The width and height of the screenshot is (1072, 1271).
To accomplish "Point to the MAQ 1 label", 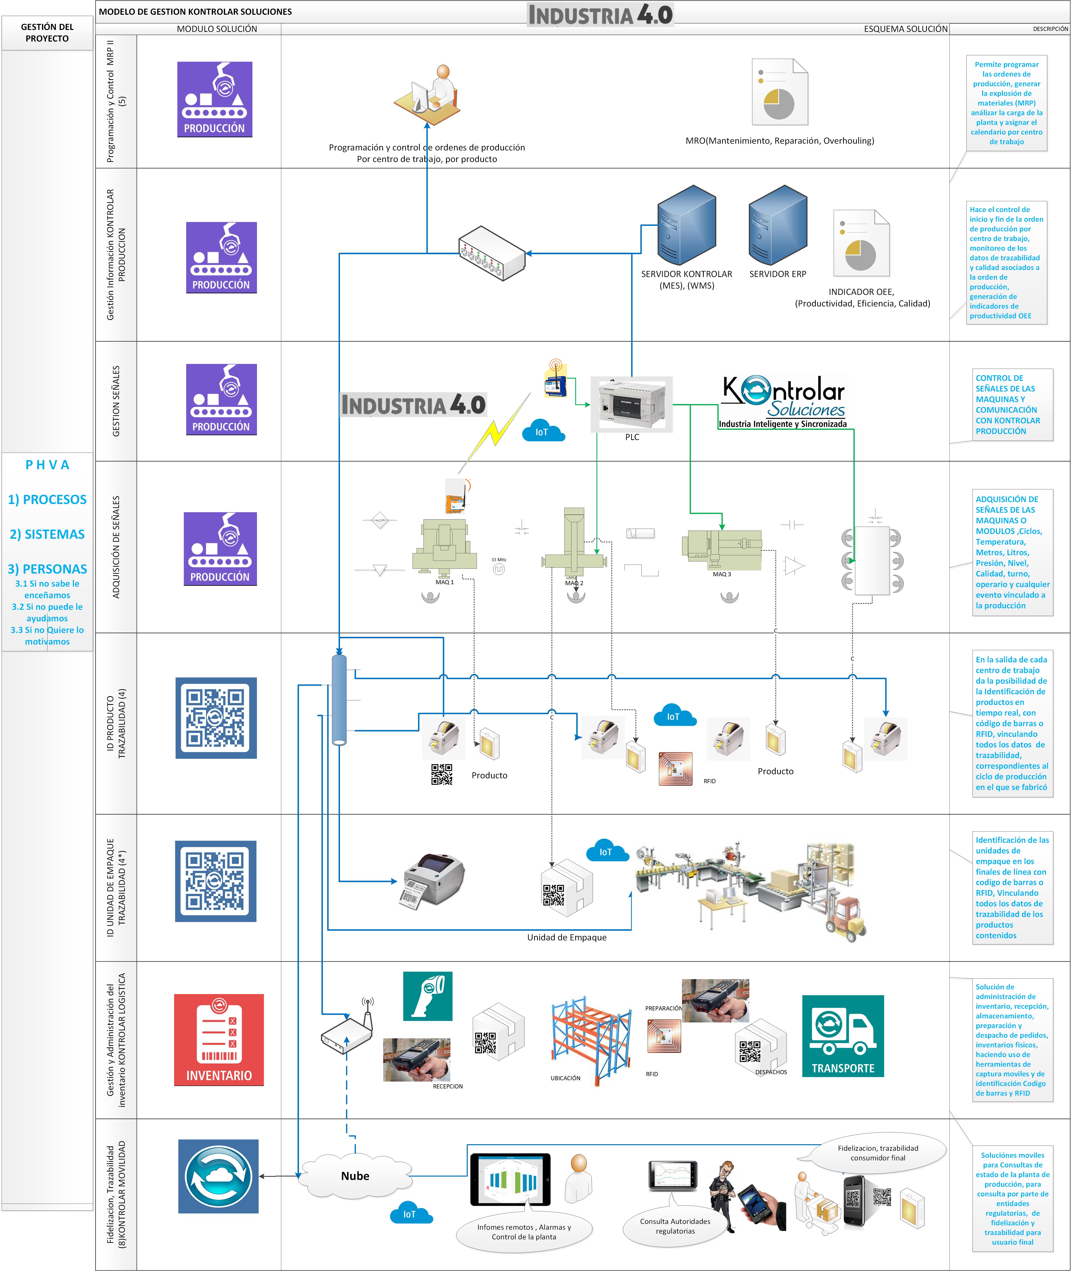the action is (x=444, y=582).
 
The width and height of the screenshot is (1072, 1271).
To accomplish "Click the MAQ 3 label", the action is (x=722, y=574).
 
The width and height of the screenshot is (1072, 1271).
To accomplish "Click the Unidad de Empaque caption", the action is (x=566, y=937).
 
